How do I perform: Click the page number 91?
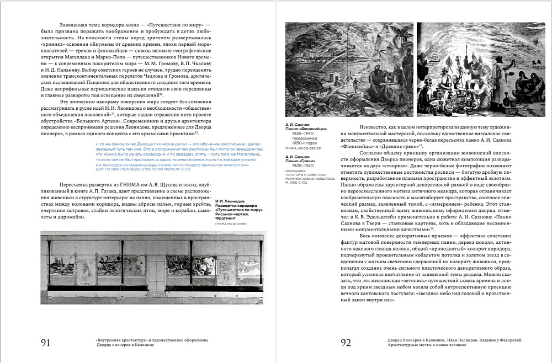[46, 343]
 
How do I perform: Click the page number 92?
[346, 343]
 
